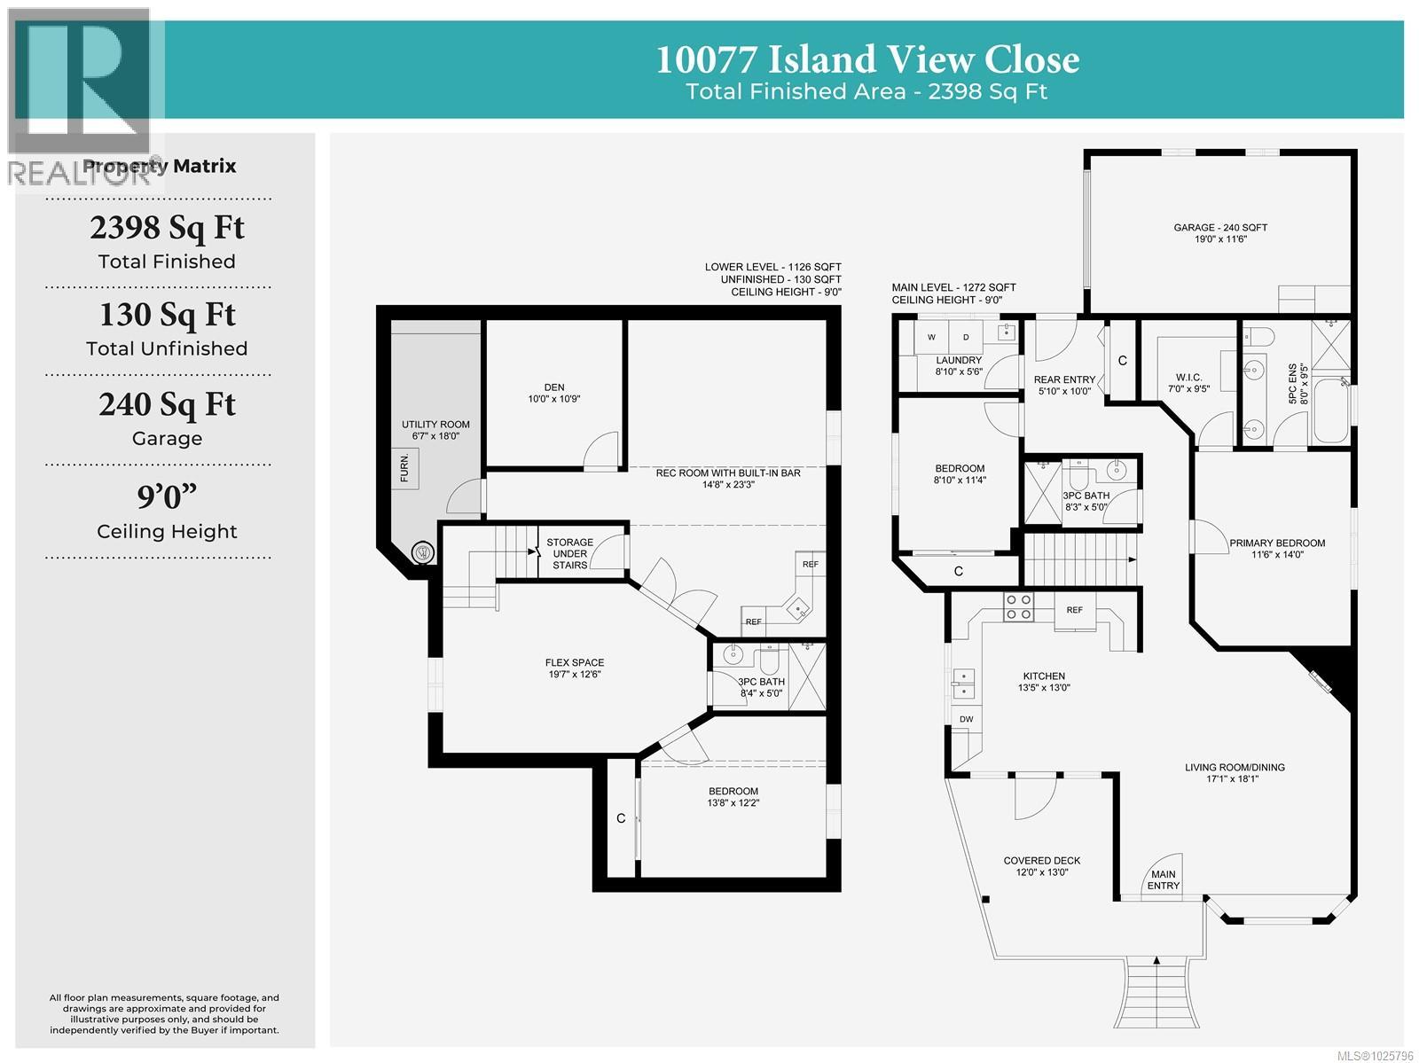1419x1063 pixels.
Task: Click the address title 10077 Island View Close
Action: pyautogui.click(x=866, y=59)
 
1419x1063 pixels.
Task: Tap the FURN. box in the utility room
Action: pyautogui.click(x=405, y=468)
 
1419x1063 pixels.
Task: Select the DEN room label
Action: pyautogui.click(x=554, y=393)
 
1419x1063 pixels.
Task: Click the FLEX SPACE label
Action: pyautogui.click(x=575, y=668)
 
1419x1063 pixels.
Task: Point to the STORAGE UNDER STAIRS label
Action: pyautogui.click(x=569, y=553)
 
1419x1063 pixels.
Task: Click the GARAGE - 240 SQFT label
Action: pyautogui.click(x=1220, y=232)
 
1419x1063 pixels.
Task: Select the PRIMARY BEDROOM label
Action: pyautogui.click(x=1276, y=549)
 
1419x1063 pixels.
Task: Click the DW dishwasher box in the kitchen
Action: pyautogui.click(x=966, y=719)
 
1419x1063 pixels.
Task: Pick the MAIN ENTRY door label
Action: pyautogui.click(x=1163, y=879)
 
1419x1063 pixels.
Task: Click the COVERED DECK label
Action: pyautogui.click(x=1041, y=865)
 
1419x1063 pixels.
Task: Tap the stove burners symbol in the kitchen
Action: pyautogui.click(x=1017, y=606)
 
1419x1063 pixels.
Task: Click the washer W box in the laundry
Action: pyautogui.click(x=931, y=337)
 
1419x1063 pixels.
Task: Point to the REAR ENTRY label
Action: pyautogui.click(x=1064, y=385)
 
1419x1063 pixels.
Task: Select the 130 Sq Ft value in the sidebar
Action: pyautogui.click(x=167, y=315)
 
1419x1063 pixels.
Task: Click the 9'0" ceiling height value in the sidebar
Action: pyautogui.click(x=167, y=496)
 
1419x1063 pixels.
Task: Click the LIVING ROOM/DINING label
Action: pyautogui.click(x=1234, y=772)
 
